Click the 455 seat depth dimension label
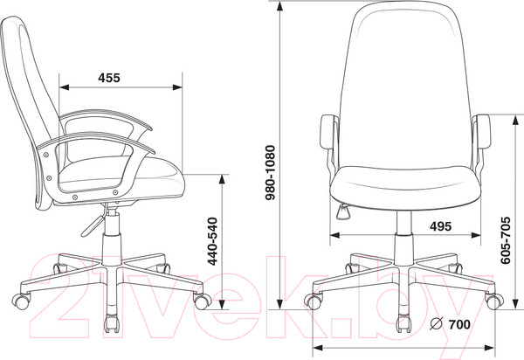[x=109, y=78]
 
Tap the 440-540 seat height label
[x=213, y=241]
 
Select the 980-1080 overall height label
[x=270, y=172]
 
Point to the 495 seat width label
[x=440, y=226]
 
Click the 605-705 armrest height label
[x=506, y=240]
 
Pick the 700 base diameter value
[x=459, y=324]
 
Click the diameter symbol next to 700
[x=437, y=323]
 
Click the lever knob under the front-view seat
[x=342, y=211]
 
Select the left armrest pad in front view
[x=329, y=132]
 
